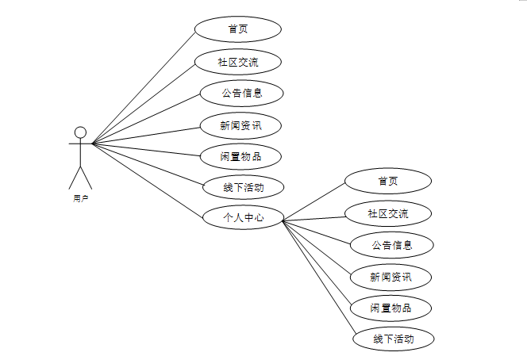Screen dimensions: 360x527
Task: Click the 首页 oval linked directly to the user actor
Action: click(x=237, y=29)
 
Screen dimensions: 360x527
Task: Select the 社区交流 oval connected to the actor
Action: click(x=237, y=61)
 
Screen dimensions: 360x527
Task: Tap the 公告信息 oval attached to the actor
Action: click(x=241, y=93)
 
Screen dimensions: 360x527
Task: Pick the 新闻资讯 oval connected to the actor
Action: click(x=240, y=124)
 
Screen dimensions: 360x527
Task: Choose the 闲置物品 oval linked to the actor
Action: click(x=240, y=155)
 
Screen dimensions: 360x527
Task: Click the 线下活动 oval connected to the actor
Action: click(x=243, y=187)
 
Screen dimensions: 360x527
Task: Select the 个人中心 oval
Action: click(x=243, y=216)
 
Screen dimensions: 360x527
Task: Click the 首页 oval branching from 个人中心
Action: click(x=388, y=181)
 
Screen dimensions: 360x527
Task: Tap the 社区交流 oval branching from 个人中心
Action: click(x=388, y=213)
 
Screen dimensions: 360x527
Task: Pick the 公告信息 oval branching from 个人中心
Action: click(x=392, y=245)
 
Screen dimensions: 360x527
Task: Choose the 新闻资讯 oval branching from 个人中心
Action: click(x=391, y=277)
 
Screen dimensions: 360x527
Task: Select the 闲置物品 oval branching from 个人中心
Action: click(x=391, y=308)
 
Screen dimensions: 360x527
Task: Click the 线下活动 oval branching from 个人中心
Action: click(x=394, y=339)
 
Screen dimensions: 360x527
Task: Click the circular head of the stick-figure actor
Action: click(x=79, y=132)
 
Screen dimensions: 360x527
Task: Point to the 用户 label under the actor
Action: click(x=80, y=198)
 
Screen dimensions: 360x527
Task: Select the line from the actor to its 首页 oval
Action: click(x=144, y=88)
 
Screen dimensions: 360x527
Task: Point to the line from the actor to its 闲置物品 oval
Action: click(x=146, y=149)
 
